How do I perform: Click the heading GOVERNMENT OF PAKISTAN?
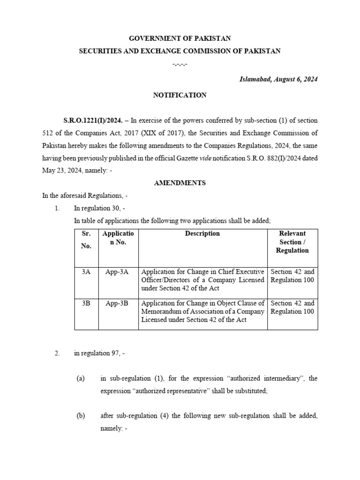(x=180, y=38)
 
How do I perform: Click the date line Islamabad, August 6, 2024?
(x=278, y=79)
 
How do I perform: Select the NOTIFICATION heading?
(x=180, y=95)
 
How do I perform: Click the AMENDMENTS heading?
(x=180, y=183)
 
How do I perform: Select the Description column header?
(x=202, y=233)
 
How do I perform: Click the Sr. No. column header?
(x=86, y=240)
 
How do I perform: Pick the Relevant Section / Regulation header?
(x=292, y=242)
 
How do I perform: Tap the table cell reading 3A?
(x=86, y=272)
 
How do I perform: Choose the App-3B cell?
(x=117, y=303)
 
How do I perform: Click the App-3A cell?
(x=117, y=272)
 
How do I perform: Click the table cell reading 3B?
(x=86, y=303)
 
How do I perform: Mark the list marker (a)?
(x=81, y=378)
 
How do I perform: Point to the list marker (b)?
(x=81, y=416)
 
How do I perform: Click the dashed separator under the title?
(x=180, y=63)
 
